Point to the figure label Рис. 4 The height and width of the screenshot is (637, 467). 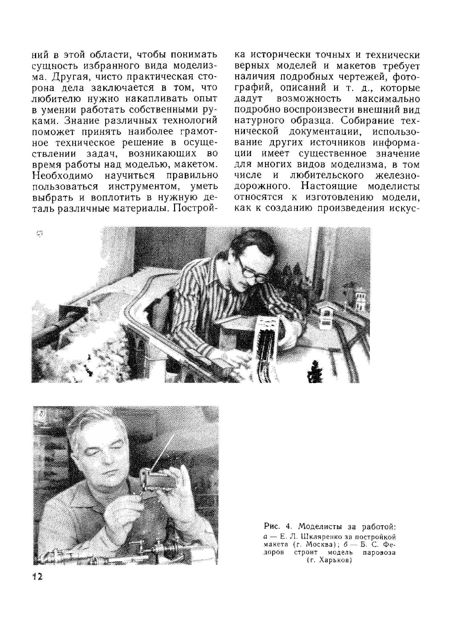coord(274,527)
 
